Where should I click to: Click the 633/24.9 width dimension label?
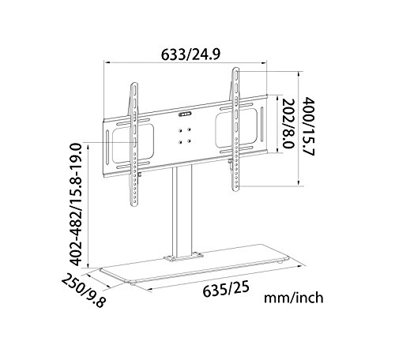[190, 54]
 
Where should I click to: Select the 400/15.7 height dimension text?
[308, 126]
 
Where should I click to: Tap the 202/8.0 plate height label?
[288, 123]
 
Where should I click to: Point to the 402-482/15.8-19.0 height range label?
[77, 204]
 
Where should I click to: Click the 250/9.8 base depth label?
[84, 291]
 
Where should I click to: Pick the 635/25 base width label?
[226, 289]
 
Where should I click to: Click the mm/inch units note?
[294, 298]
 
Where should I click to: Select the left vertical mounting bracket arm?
[134, 144]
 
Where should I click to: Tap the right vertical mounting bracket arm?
[235, 129]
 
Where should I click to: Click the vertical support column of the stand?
[182, 211]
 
